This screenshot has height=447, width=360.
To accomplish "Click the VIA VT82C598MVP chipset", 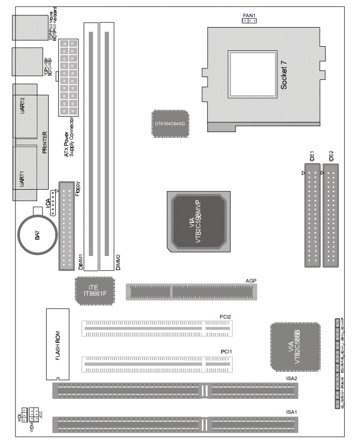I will (198, 221).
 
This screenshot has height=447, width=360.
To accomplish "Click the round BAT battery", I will (37, 235).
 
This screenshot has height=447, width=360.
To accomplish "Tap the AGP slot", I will (192, 291).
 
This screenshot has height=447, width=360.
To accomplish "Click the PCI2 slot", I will (157, 328).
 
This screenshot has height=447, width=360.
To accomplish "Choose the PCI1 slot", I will (157, 364).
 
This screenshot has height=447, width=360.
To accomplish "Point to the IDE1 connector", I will (313, 215).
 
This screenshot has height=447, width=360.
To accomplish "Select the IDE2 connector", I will (331, 215).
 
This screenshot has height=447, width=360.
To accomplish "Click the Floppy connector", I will (66, 226).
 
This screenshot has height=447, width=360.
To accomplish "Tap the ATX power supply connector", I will (68, 77).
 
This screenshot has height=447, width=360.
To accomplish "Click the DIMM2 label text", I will (118, 263).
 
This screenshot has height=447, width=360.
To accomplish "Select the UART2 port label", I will (22, 106).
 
